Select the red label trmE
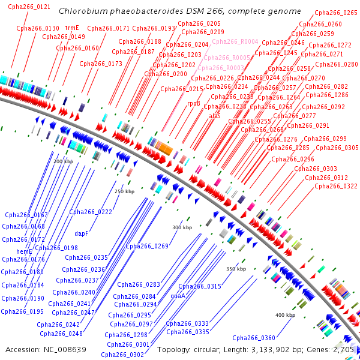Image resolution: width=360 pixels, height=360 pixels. point(72,28)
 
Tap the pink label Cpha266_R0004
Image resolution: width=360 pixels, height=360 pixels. point(235,41)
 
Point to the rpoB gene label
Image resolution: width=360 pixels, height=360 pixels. point(194,103)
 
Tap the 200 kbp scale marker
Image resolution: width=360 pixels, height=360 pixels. point(63,162)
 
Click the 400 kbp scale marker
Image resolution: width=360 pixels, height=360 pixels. point(285,315)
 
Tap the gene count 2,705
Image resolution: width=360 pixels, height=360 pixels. point(341,349)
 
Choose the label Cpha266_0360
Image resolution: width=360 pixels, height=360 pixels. point(254,338)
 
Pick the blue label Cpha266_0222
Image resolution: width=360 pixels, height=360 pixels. point(91,212)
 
